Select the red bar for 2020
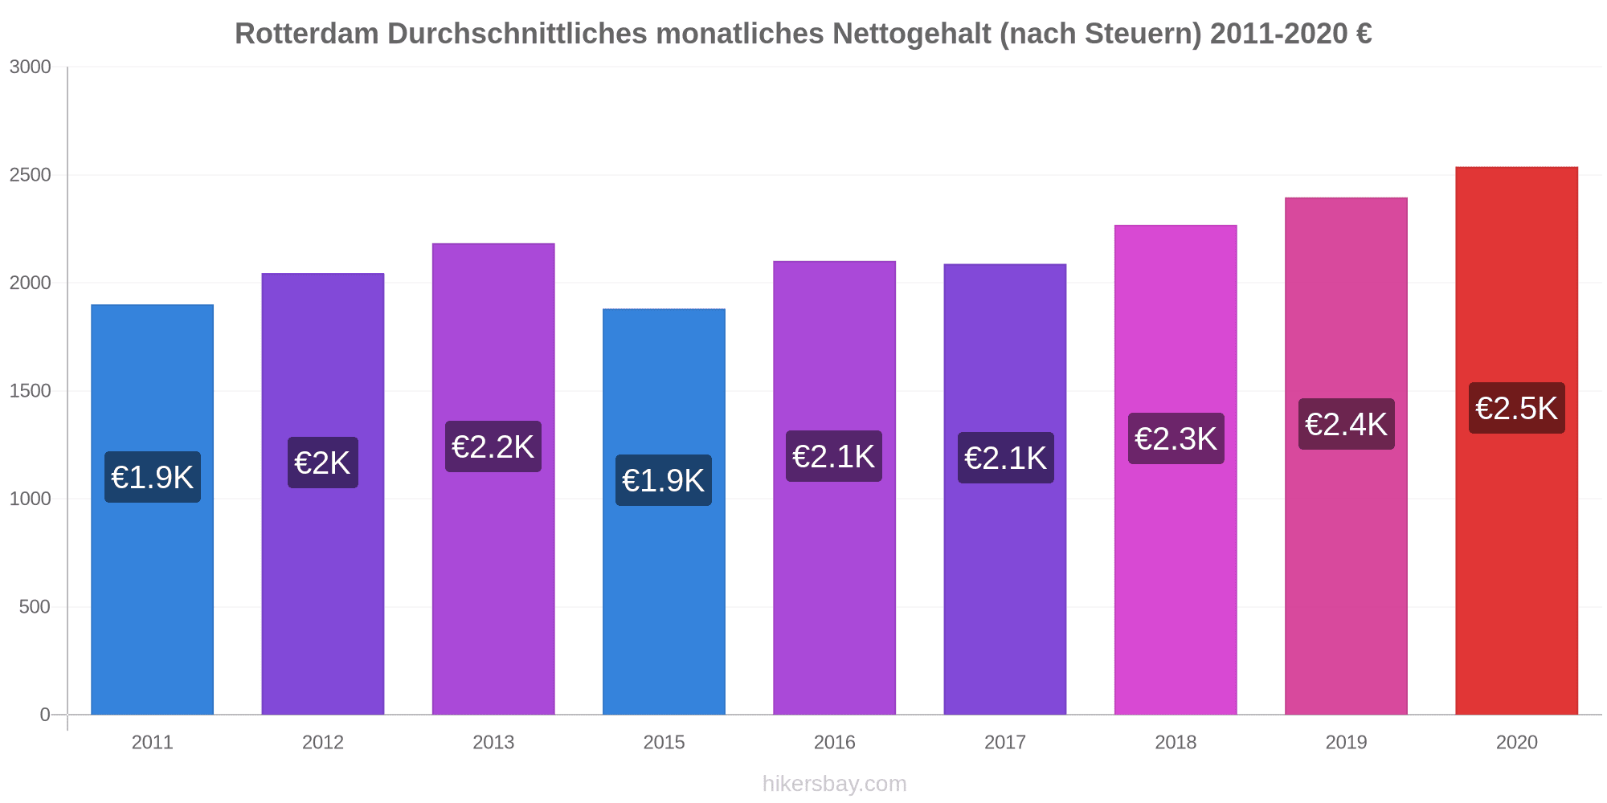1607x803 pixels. (1516, 562)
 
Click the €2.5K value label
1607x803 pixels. (1516, 409)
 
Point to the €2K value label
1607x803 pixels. (322, 463)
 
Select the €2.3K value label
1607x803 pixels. (1176, 439)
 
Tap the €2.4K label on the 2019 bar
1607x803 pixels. (1346, 425)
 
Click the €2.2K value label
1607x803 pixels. (493, 447)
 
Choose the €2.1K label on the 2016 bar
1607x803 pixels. (834, 457)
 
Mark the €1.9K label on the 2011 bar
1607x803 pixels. (152, 478)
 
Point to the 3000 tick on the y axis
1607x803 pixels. (31, 67)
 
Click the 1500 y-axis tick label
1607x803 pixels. (31, 391)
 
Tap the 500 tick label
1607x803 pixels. (35, 607)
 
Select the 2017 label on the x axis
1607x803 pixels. (1004, 743)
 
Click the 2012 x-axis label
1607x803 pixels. (322, 743)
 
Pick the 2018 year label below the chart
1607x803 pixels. (1176, 743)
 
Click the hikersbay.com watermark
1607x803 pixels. (834, 784)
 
